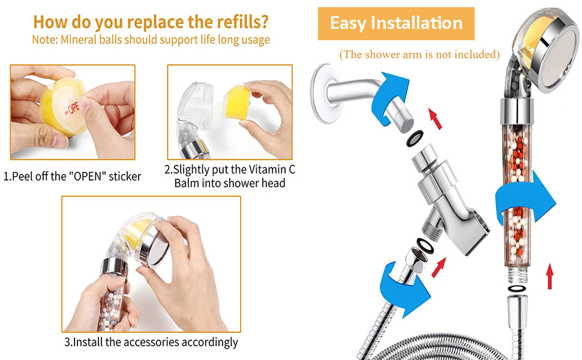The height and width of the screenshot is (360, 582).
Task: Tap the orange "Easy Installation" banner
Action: [396, 24]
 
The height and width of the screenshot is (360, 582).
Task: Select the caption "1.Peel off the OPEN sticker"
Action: [73, 176]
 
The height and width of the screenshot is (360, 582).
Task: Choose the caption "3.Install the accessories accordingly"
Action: [151, 343]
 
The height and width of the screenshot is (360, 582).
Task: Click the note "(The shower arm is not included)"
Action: [419, 55]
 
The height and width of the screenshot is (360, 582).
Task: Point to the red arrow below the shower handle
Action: [550, 277]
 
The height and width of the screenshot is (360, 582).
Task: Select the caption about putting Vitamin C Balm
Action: [230, 176]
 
